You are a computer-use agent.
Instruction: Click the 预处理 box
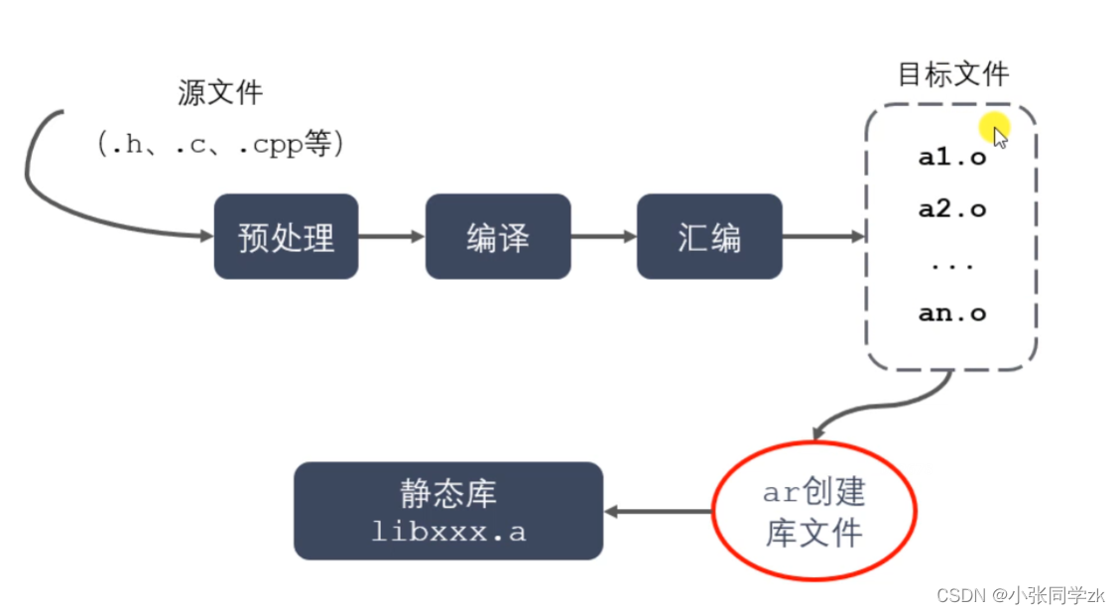click(286, 237)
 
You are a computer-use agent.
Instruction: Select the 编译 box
click(498, 237)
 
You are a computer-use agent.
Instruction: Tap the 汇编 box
click(709, 237)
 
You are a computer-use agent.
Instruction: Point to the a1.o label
click(952, 157)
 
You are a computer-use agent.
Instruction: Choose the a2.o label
click(952, 209)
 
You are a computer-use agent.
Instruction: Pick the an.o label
click(952, 313)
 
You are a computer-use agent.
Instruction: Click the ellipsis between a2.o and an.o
click(952, 265)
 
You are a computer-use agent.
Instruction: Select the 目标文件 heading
click(952, 74)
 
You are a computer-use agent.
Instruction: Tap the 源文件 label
click(220, 93)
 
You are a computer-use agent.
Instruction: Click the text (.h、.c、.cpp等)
click(220, 145)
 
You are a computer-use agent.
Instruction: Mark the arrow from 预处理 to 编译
click(391, 237)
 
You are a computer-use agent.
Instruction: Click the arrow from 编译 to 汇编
click(603, 237)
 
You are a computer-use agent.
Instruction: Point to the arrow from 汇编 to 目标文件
click(823, 237)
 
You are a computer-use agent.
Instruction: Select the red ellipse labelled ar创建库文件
click(813, 512)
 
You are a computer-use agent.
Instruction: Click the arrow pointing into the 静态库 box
click(657, 512)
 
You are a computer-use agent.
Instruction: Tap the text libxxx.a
click(448, 532)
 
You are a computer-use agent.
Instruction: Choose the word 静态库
click(448, 493)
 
